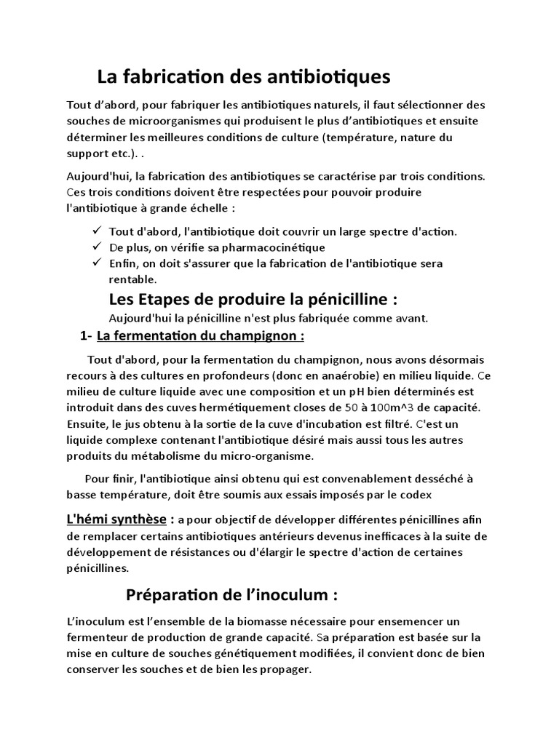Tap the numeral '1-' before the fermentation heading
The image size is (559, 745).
[x=86, y=335]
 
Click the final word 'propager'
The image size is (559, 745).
[x=287, y=669]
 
